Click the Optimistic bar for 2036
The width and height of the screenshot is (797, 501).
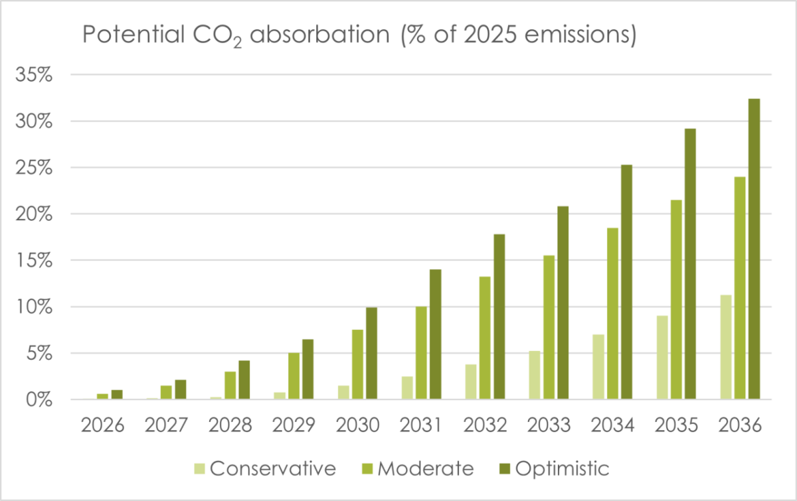[754, 250]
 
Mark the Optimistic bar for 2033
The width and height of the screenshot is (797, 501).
[563, 303]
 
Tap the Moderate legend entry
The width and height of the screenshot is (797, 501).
[418, 468]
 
